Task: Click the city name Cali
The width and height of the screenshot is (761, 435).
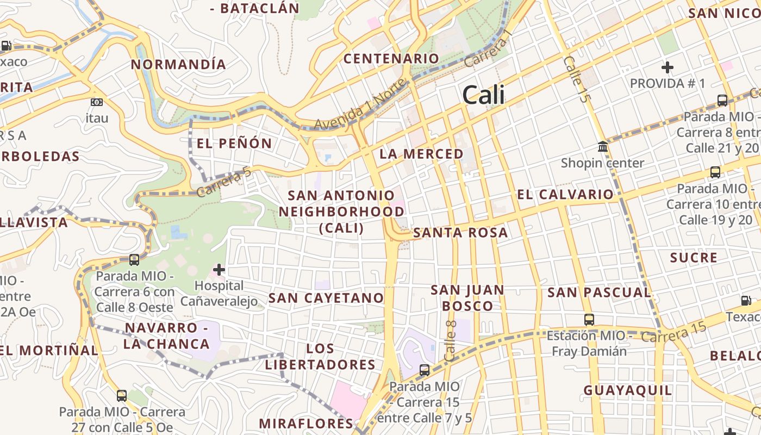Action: tap(483, 95)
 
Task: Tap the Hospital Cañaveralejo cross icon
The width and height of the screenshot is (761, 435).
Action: tap(219, 270)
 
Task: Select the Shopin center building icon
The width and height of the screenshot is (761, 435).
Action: tap(602, 147)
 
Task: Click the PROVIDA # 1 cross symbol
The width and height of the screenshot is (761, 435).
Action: tap(668, 67)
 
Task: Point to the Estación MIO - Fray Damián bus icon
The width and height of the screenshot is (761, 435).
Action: tap(589, 320)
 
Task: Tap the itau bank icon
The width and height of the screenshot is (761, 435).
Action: tap(97, 102)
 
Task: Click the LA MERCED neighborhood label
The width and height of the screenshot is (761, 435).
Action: tap(421, 154)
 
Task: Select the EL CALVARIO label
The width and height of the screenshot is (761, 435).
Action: tap(565, 195)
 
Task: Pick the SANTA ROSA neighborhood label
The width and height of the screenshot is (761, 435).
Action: tap(460, 233)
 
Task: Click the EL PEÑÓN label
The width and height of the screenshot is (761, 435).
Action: tap(234, 144)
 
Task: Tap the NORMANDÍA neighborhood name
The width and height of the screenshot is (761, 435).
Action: tap(178, 64)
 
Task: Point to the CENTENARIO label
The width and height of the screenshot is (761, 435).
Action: tap(391, 59)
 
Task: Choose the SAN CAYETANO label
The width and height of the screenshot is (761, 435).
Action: tap(326, 298)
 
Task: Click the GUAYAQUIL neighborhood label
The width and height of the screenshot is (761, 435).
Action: tap(628, 390)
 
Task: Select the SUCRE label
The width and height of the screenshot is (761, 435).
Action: tap(694, 258)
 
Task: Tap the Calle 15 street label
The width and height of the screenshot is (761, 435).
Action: tap(576, 79)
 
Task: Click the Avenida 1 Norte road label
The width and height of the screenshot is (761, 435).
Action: tap(360, 106)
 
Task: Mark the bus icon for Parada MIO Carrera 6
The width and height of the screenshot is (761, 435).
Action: tap(134, 260)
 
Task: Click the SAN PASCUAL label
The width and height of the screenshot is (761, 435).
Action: tap(599, 293)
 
